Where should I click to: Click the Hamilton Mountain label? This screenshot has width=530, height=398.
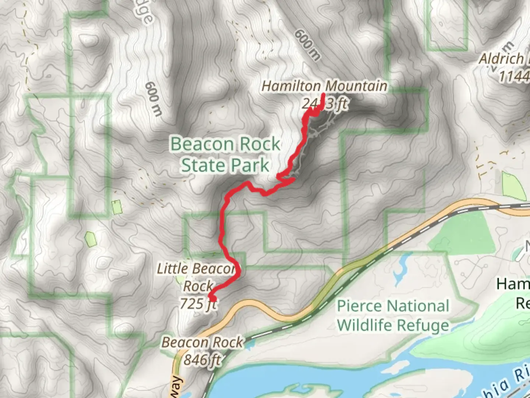point(324,87)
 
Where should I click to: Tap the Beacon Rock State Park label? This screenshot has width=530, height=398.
point(225,154)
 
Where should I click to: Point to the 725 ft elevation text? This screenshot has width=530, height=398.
point(198,304)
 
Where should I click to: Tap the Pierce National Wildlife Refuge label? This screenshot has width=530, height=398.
point(393,315)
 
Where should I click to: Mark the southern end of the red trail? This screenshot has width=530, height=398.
point(212,298)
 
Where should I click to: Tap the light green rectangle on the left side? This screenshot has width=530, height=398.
point(117,207)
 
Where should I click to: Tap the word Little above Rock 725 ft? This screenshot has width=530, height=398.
point(171,269)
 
